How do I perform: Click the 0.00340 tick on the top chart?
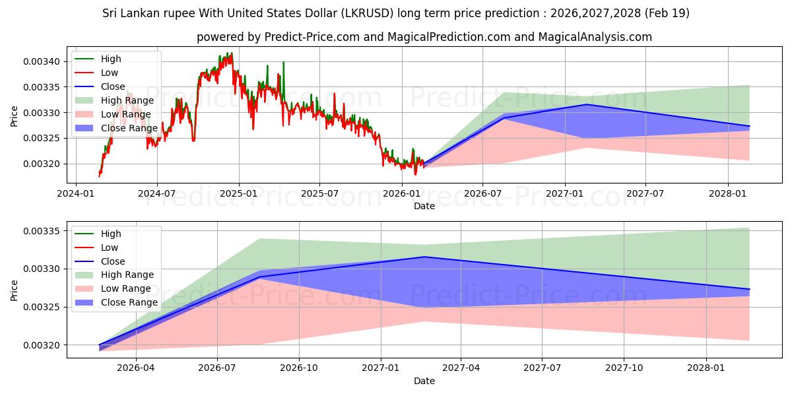click(x=41, y=62)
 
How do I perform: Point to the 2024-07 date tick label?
click(x=157, y=194)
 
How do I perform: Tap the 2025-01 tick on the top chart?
click(x=239, y=194)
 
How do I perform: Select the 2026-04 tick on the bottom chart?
click(x=135, y=368)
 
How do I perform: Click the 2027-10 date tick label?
click(x=624, y=368)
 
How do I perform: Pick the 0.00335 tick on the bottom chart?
click(x=41, y=231)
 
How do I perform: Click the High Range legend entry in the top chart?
click(x=115, y=100)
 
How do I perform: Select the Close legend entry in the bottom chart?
click(x=100, y=261)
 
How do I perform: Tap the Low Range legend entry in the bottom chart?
click(x=113, y=288)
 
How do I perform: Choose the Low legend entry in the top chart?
click(x=96, y=73)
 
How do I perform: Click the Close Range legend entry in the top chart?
click(x=116, y=128)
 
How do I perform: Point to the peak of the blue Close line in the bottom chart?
click(x=424, y=257)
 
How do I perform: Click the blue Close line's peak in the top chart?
click(x=586, y=104)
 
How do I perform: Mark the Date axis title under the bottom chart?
click(x=424, y=381)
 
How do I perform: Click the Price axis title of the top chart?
click(x=14, y=116)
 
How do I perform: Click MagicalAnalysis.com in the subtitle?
click(x=595, y=37)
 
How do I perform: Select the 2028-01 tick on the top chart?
click(x=728, y=194)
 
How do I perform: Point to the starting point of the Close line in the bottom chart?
click(x=100, y=345)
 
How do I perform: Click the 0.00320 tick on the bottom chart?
click(x=41, y=345)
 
